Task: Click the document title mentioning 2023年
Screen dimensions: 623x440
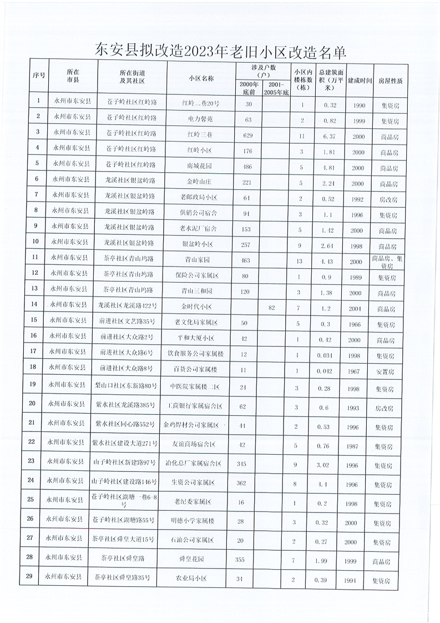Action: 221,52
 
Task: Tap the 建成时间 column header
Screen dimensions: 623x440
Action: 360,79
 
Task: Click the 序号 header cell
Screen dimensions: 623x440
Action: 38,79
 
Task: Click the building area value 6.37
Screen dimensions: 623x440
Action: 330,135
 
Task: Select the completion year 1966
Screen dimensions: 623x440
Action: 358,324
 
